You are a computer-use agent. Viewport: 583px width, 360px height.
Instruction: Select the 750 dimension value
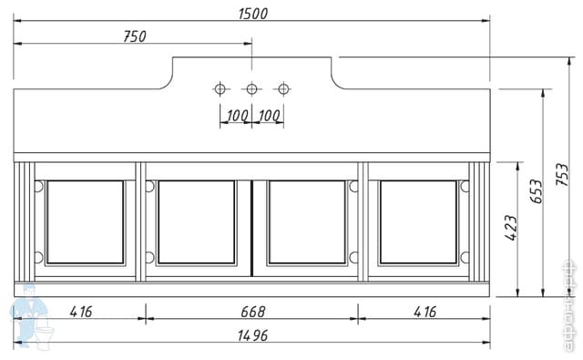135,36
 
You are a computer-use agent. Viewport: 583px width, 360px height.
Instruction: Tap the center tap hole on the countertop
251,88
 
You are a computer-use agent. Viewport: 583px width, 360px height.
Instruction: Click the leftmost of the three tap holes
220,88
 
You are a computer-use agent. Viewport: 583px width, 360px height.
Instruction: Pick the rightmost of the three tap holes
283,88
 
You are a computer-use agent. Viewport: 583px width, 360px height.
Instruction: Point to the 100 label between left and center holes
237,117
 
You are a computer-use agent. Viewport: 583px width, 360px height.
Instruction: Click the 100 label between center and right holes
269,117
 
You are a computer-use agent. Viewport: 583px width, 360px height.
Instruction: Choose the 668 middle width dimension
252,311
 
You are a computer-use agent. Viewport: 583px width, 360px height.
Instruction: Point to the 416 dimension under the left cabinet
81,311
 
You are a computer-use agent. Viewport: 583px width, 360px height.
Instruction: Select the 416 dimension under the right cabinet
424,311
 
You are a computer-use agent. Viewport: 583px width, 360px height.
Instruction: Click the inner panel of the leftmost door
85,222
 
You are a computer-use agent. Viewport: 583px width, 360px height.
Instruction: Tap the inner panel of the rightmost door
418,222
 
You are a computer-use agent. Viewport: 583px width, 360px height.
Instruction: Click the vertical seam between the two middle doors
251,229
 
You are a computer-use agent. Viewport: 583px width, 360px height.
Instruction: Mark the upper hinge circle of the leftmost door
38,186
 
